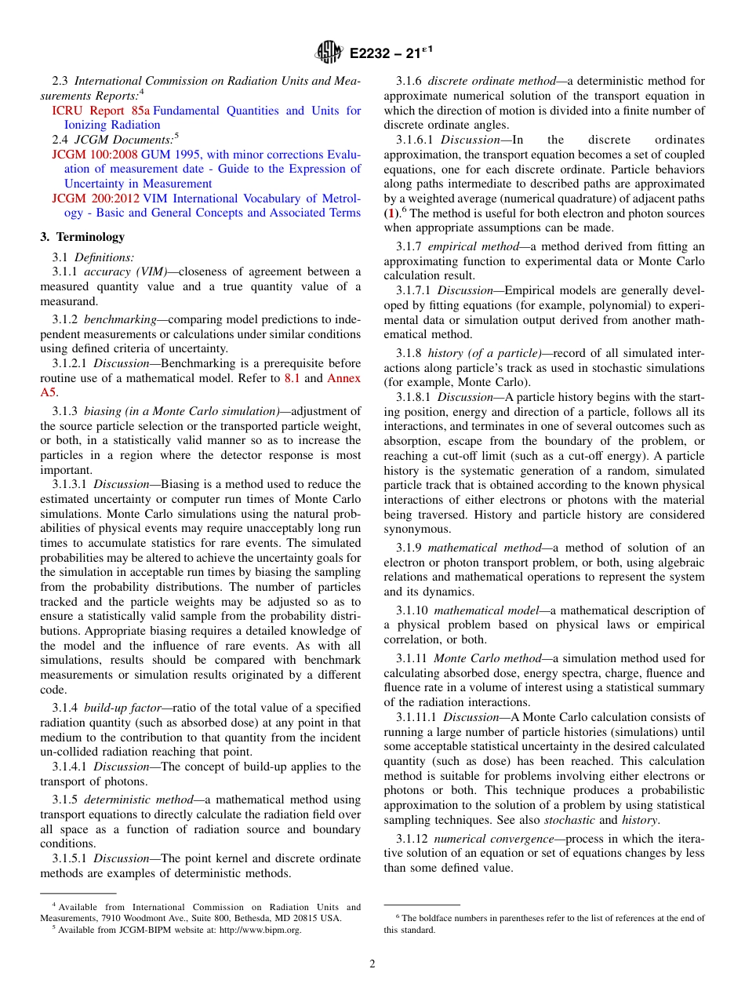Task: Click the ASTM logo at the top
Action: click(329, 53)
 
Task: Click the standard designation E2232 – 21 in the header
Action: click(391, 53)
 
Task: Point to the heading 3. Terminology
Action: click(82, 237)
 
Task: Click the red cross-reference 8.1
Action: click(292, 378)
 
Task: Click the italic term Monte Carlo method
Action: click(487, 658)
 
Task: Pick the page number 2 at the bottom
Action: click(372, 964)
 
